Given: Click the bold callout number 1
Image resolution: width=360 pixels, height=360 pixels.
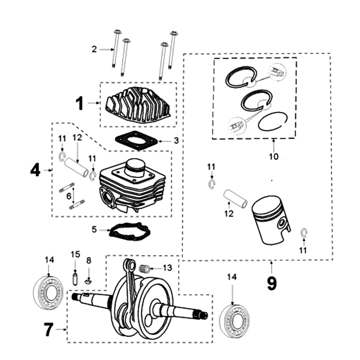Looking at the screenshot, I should [79, 103].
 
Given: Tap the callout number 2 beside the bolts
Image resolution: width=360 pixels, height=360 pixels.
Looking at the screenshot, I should [94, 49].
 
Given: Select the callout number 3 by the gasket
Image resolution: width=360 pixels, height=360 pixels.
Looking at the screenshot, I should [176, 140].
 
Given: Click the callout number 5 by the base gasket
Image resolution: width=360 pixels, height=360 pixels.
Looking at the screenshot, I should [94, 229].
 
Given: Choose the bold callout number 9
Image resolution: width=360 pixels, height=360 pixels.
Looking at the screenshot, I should [271, 283].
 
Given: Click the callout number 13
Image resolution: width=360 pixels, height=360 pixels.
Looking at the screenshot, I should [167, 268].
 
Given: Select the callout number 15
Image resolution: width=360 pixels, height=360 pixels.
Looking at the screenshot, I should [75, 255].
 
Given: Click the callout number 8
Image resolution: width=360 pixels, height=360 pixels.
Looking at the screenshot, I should [89, 260].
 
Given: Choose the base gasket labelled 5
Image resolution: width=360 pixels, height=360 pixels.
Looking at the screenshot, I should [130, 232].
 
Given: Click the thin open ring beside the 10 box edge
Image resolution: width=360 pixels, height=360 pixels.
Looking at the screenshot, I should [272, 121].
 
